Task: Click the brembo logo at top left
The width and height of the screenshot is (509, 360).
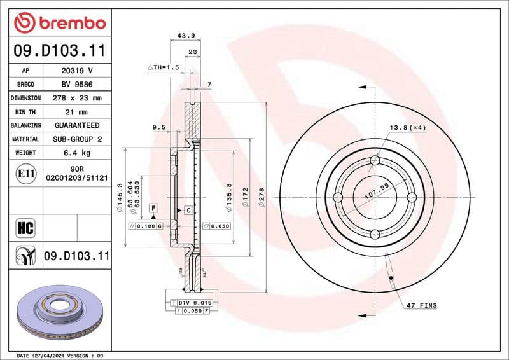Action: click(59, 23)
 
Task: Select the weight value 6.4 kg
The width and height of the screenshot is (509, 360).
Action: click(76, 153)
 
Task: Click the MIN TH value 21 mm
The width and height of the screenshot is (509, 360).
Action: click(76, 112)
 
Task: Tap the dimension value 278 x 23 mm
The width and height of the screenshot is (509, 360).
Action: click(76, 98)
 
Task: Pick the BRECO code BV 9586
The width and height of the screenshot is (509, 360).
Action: click(76, 84)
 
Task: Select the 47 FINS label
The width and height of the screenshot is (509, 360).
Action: click(421, 306)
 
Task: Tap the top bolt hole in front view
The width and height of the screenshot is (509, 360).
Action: click(374, 162)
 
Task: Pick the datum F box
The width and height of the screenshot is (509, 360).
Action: click(153, 207)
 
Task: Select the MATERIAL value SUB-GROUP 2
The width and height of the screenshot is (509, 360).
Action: click(76, 139)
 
